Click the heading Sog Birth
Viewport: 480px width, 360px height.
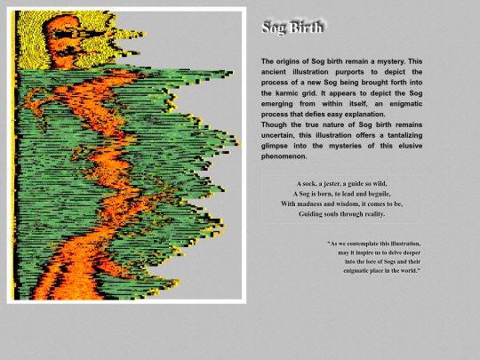point(292,28)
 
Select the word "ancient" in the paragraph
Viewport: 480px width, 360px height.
point(276,71)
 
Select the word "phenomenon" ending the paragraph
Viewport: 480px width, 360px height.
point(284,156)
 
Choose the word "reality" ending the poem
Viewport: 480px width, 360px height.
point(372,214)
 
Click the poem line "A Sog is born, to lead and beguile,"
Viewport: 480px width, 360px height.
point(342,193)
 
